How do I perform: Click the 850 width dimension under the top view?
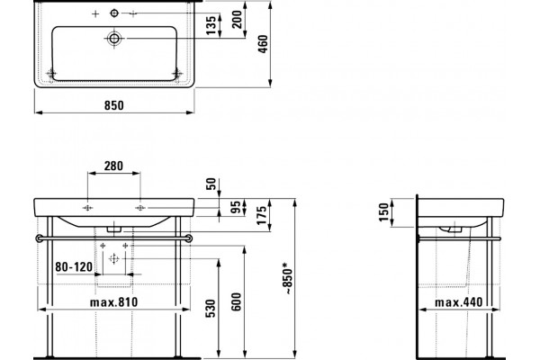click(x=114, y=105)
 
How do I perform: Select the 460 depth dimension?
click(x=263, y=44)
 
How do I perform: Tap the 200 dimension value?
click(x=237, y=20)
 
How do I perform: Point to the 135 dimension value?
click(x=211, y=25)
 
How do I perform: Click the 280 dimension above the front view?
click(x=113, y=166)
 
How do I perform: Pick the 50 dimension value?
click(x=211, y=184)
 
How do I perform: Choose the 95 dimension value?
click(x=237, y=207)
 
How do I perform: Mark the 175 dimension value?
click(x=262, y=215)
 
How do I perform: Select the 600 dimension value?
click(x=236, y=301)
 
